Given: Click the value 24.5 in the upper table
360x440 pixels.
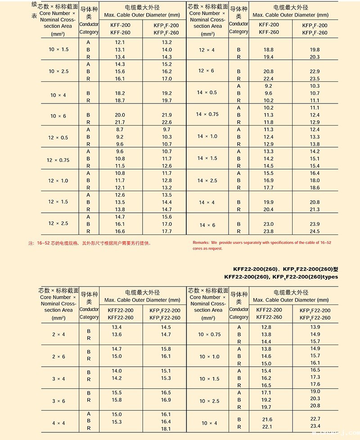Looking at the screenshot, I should click(315, 231).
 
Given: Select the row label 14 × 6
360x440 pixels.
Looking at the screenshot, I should click(207, 225).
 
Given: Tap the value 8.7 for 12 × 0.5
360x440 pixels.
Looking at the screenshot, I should click(120, 130).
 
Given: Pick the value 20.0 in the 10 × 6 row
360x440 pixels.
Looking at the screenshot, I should click(120, 115).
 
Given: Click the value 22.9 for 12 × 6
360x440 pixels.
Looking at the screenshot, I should click(315, 72).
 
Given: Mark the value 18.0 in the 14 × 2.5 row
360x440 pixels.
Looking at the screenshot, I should click(315, 180).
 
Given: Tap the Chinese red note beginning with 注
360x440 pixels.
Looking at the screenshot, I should click(90, 243).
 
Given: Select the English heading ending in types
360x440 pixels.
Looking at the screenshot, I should click(281, 277).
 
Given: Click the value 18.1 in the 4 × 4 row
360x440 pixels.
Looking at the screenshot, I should click(166, 429).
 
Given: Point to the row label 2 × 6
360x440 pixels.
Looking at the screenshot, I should click(58, 356).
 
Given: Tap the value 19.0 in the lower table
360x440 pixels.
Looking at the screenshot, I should click(315, 391).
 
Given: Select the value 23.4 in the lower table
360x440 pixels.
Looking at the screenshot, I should click(315, 426).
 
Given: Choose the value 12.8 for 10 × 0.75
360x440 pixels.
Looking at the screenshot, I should click(266, 327).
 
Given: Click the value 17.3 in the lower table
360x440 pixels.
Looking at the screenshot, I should click(315, 377).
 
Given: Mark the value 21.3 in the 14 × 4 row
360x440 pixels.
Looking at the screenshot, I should click(315, 209).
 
